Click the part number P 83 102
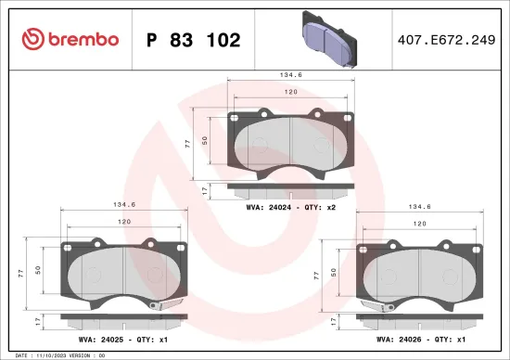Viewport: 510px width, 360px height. click(x=194, y=40)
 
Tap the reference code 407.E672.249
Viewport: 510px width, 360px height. click(x=439, y=40)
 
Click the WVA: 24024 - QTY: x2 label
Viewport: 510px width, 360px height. click(x=290, y=209)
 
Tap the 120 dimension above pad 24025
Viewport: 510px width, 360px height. click(x=123, y=224)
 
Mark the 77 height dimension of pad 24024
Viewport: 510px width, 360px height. click(x=187, y=144)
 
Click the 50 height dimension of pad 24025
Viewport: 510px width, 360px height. click(x=36, y=269)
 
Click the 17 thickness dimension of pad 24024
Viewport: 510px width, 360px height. click(x=204, y=189)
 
